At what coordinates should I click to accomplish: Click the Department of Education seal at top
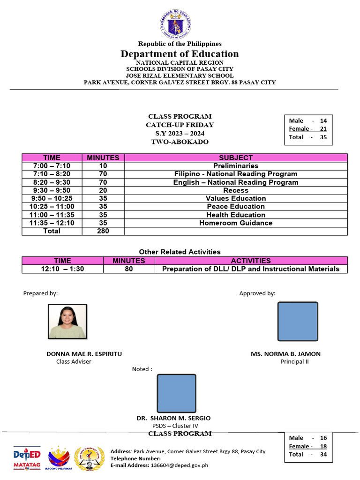(180, 24)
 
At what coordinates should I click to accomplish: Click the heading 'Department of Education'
(180, 54)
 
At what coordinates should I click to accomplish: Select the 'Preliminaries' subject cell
(236, 166)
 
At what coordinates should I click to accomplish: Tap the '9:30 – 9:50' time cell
(52, 190)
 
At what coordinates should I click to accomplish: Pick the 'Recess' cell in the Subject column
(236, 190)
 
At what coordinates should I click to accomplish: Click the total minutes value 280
(103, 231)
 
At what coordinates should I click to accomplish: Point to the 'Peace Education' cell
(236, 207)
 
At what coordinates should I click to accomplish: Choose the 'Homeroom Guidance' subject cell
(236, 223)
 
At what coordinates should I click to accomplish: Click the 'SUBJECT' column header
(236, 158)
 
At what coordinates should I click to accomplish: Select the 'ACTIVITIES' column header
(251, 261)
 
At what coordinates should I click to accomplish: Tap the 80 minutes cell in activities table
(129, 269)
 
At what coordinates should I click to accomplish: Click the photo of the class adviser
(67, 321)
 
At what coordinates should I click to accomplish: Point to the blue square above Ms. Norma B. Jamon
(298, 321)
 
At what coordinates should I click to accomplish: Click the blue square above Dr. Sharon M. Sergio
(176, 393)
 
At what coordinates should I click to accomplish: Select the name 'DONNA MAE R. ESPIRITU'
(84, 354)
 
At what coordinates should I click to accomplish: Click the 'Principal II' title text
(295, 361)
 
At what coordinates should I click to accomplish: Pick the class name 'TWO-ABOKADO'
(180, 142)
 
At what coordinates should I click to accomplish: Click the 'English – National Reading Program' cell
(236, 182)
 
